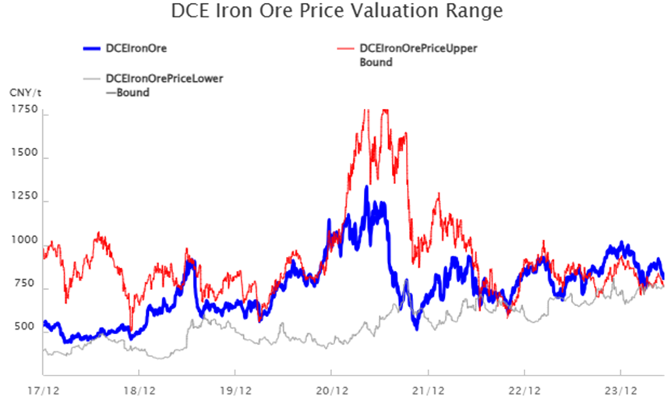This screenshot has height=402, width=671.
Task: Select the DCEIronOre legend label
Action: (x=137, y=49)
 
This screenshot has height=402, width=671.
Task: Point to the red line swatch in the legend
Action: (x=344, y=49)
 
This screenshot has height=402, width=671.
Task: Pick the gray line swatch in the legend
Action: (x=91, y=79)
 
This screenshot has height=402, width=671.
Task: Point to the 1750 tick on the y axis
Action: (x=25, y=111)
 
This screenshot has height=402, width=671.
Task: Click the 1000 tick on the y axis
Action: (x=25, y=240)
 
